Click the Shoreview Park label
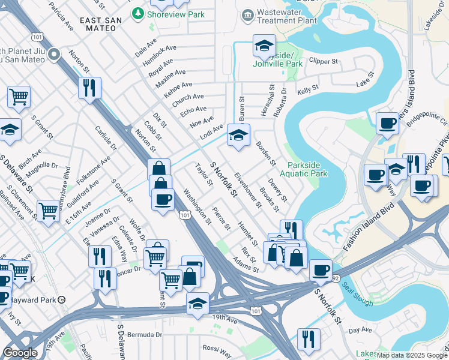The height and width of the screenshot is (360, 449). (x=176, y=14)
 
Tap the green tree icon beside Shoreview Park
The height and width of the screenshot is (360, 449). (x=139, y=13)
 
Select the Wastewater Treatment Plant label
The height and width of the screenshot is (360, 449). (x=286, y=16)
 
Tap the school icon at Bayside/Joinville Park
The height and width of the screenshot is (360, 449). (x=264, y=46)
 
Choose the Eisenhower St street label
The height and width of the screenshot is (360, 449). (x=249, y=190)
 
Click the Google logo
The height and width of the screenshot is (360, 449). (x=20, y=353)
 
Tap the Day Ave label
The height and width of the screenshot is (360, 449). (x=360, y=330)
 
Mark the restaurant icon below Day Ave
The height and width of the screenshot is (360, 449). (x=309, y=340)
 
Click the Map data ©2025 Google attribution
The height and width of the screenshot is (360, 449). (x=412, y=355)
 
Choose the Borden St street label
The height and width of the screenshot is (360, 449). (x=265, y=154)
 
